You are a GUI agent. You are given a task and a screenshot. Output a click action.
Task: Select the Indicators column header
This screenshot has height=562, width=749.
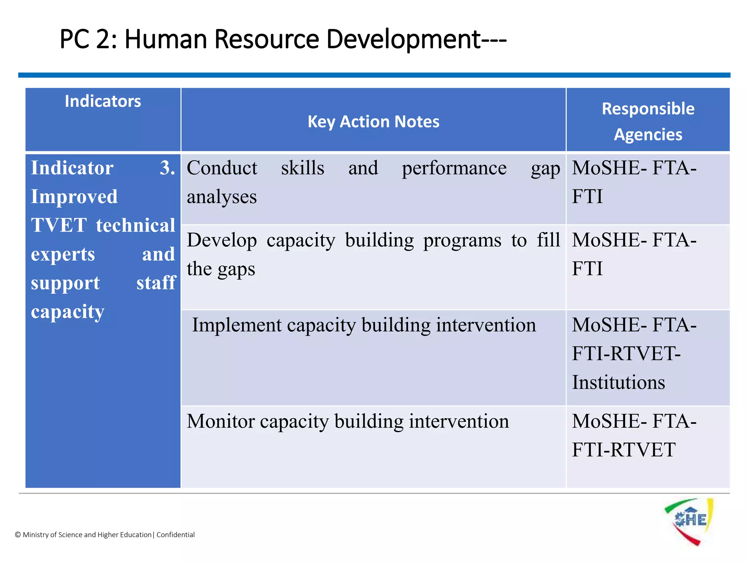pyautogui.click(x=103, y=101)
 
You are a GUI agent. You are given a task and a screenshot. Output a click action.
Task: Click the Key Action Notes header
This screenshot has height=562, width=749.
pyautogui.click(x=373, y=121)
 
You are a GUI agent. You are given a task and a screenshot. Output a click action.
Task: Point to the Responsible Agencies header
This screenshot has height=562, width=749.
pyautogui.click(x=648, y=121)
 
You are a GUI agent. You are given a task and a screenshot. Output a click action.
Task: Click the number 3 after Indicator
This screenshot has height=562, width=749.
pyautogui.click(x=167, y=168)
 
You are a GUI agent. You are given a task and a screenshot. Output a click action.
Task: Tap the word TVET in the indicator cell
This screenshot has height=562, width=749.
pyautogui.click(x=59, y=225)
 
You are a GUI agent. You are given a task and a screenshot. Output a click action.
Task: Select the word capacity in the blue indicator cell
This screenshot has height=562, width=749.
pyautogui.click(x=68, y=312)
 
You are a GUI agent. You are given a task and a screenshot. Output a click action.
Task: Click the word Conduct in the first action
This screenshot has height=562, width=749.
pyautogui.click(x=222, y=168)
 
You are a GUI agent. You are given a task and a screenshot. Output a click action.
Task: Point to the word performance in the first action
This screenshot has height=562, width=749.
pyautogui.click(x=454, y=168)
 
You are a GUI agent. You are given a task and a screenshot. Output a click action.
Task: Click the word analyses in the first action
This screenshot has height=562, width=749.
pyautogui.click(x=222, y=197)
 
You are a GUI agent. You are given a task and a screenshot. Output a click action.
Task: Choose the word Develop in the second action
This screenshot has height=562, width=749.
pyautogui.click(x=222, y=240)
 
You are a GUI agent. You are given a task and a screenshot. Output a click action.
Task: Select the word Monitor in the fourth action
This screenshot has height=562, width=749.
pyautogui.click(x=221, y=421)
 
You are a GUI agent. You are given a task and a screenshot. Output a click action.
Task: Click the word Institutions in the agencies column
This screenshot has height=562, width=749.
pyautogui.click(x=618, y=383)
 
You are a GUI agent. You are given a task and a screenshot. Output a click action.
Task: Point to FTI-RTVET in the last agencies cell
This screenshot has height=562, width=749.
pyautogui.click(x=624, y=450)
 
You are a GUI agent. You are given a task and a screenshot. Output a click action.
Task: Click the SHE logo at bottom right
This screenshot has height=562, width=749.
pyautogui.click(x=689, y=521)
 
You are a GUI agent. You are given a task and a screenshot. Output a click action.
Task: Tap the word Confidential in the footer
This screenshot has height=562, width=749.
pyautogui.click(x=176, y=535)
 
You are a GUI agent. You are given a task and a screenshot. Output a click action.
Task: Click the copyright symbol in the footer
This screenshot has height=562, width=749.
pyautogui.click(x=18, y=535)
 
